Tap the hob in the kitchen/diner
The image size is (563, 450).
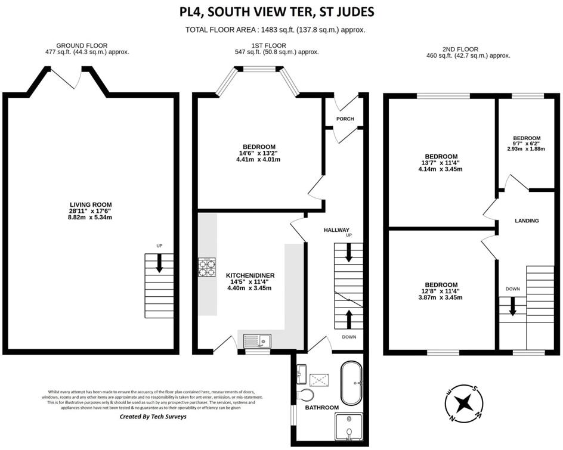point(206,266)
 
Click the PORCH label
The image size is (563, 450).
point(345,119)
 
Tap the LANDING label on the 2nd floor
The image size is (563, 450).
point(527,221)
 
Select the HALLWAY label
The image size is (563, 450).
point(336,230)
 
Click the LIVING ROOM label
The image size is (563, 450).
point(90,204)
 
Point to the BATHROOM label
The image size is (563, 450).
point(322,408)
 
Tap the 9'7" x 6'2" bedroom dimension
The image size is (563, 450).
point(527,144)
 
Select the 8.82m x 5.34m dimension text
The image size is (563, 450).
point(90,218)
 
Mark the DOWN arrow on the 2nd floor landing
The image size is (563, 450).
point(512,306)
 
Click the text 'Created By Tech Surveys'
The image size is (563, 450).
point(153,417)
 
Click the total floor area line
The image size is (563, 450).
point(276,30)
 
